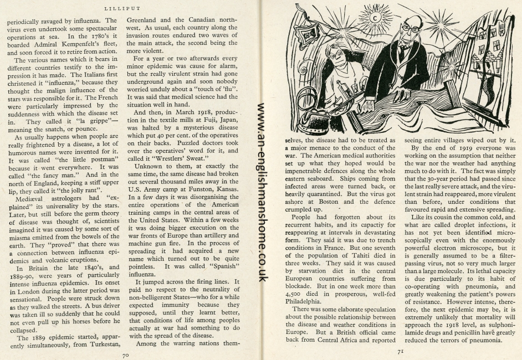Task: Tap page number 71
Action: (400, 351)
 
